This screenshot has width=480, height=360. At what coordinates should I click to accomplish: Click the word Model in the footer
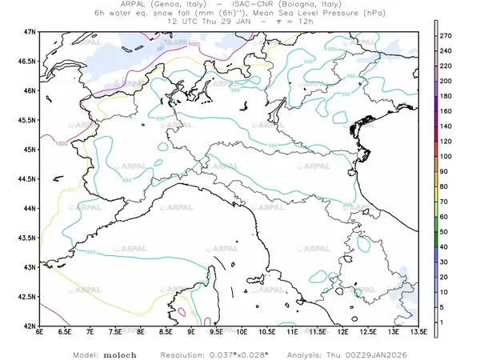pyautogui.click(x=86, y=353)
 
